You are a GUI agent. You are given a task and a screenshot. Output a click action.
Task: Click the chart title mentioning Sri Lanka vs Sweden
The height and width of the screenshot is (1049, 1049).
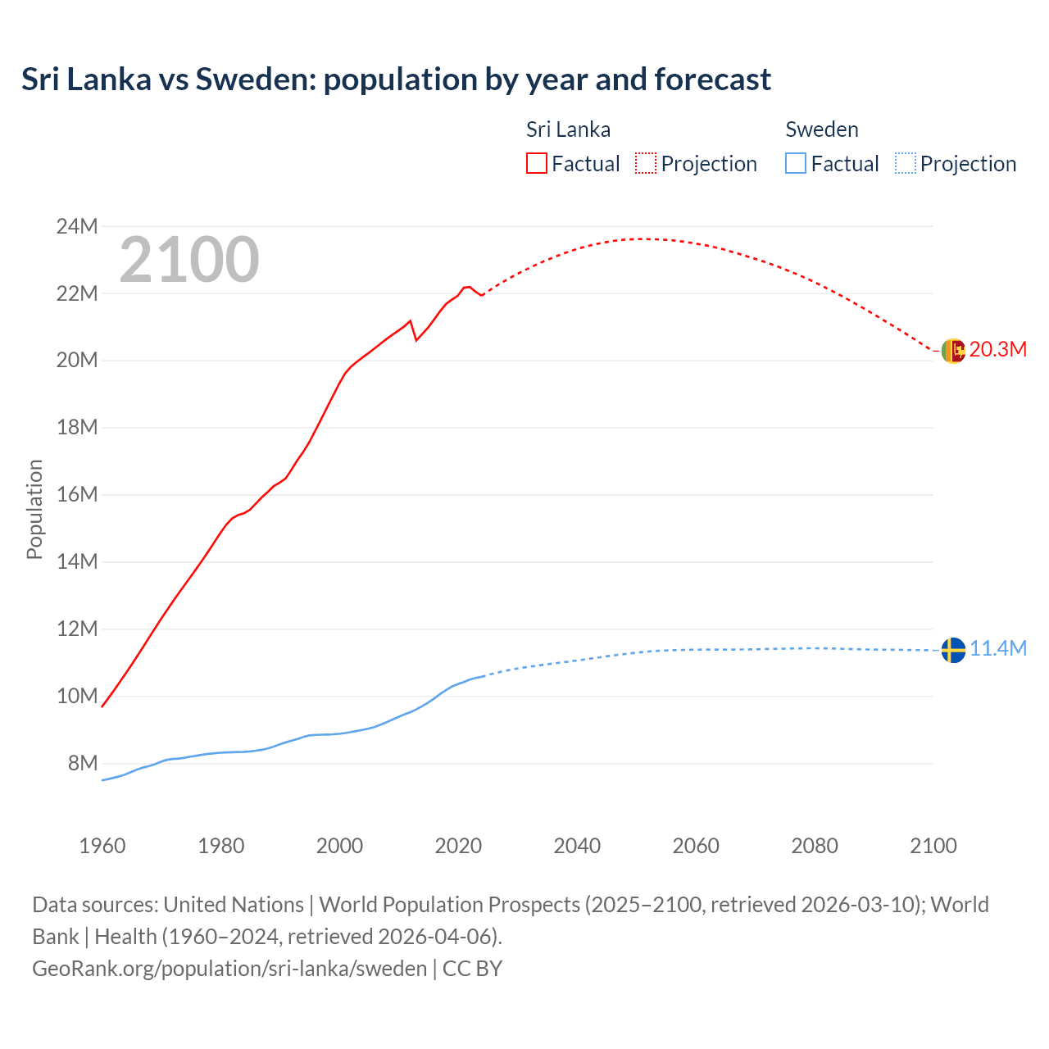(396, 79)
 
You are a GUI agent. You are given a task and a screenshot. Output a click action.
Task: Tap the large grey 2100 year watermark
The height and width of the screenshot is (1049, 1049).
(189, 260)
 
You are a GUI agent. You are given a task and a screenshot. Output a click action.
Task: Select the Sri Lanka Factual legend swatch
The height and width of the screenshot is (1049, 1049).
(536, 163)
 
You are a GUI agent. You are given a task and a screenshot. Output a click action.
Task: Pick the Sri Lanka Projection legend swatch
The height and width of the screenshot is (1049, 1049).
(646, 163)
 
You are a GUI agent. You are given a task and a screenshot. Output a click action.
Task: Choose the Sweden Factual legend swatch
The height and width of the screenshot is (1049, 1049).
(796, 163)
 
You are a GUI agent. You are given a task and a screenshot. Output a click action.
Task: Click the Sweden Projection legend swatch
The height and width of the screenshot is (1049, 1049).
(905, 163)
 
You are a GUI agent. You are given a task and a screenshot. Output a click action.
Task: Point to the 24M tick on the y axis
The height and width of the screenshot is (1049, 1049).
(77, 226)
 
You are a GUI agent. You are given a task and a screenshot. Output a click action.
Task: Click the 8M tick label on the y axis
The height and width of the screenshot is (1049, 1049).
(83, 763)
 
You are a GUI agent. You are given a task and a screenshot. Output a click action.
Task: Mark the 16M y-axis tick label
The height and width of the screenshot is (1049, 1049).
(77, 494)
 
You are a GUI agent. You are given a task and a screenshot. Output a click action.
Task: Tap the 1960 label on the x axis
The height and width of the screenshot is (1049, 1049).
(102, 846)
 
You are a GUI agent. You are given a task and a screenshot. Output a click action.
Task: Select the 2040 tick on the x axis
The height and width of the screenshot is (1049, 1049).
(577, 846)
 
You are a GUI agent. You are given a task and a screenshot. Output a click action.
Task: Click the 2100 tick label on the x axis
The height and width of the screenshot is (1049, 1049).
(933, 846)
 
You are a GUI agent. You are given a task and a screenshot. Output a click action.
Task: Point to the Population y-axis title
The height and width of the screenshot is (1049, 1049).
(34, 509)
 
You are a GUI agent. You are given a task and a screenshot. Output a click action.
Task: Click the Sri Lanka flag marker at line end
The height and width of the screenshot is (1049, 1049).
(952, 351)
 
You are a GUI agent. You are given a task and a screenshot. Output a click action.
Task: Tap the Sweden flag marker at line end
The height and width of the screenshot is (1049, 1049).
(952, 650)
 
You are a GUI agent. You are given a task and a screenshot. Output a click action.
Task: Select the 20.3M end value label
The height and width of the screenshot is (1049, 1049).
(997, 350)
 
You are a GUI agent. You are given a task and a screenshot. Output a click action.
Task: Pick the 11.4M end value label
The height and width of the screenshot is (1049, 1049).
(997, 649)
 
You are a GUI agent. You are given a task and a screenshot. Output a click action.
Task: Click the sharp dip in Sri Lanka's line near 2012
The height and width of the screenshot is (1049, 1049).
(416, 339)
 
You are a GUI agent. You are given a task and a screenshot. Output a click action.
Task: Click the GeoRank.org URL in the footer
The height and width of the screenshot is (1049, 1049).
(229, 968)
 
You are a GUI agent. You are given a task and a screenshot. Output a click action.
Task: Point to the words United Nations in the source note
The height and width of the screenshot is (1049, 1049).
(234, 905)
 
